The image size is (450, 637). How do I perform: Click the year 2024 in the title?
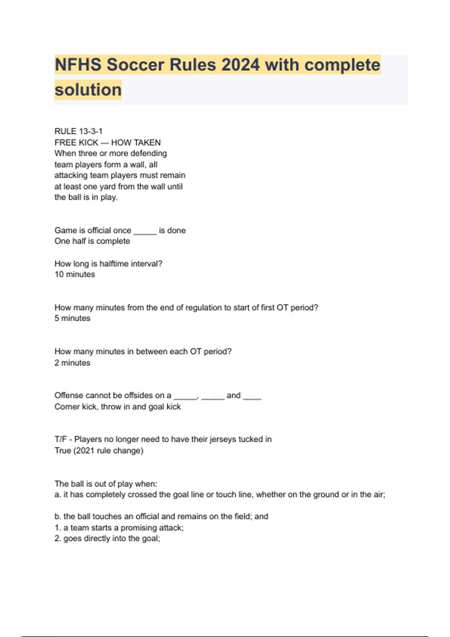coord(240,65)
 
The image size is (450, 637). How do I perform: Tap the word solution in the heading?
coord(88,90)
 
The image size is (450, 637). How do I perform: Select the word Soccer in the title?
coord(135,65)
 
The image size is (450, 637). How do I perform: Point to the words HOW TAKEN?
coord(136,142)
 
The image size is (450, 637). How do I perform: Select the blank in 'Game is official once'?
coord(145,230)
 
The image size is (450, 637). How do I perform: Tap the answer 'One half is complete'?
coord(92,241)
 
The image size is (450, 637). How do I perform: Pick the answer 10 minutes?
coord(75,275)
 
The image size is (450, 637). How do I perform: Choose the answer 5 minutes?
coord(72,318)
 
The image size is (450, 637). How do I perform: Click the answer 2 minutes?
coord(72,363)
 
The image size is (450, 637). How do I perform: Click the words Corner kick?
coord(75,407)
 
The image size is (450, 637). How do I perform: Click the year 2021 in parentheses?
coord(84,451)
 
